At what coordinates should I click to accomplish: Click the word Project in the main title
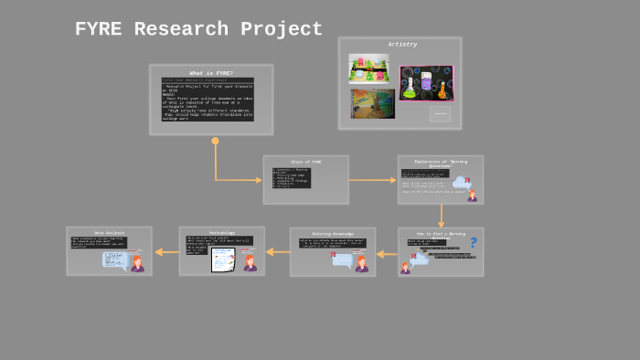282,29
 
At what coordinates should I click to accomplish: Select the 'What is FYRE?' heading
211,73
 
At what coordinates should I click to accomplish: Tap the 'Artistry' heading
402,44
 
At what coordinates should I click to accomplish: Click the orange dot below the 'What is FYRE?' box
216,141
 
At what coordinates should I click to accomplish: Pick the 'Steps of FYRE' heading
305,162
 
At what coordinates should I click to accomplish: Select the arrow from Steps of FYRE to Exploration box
373,180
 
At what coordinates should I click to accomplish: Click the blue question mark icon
473,242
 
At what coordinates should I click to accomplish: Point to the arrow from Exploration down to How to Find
441,216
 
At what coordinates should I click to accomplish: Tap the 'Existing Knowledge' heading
332,234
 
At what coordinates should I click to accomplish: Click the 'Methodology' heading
221,233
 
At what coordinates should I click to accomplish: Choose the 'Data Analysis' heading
110,233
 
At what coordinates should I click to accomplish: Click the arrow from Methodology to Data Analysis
166,252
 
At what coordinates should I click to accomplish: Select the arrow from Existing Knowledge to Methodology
277,252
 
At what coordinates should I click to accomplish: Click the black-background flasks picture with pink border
426,82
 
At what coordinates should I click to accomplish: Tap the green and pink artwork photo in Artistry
368,68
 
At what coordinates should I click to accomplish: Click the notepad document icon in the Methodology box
223,259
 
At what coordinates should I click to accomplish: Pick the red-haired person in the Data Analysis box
137,263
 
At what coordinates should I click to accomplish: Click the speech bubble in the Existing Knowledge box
342,260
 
